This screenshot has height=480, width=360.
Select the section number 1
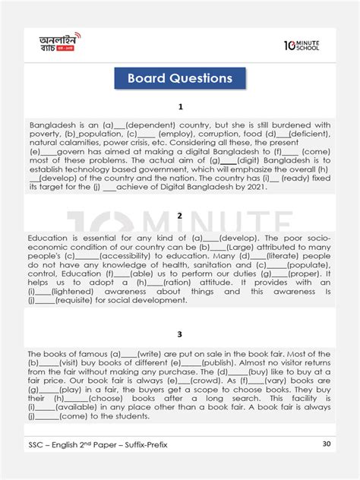point(180,107)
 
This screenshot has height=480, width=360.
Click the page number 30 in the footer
point(326,463)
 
